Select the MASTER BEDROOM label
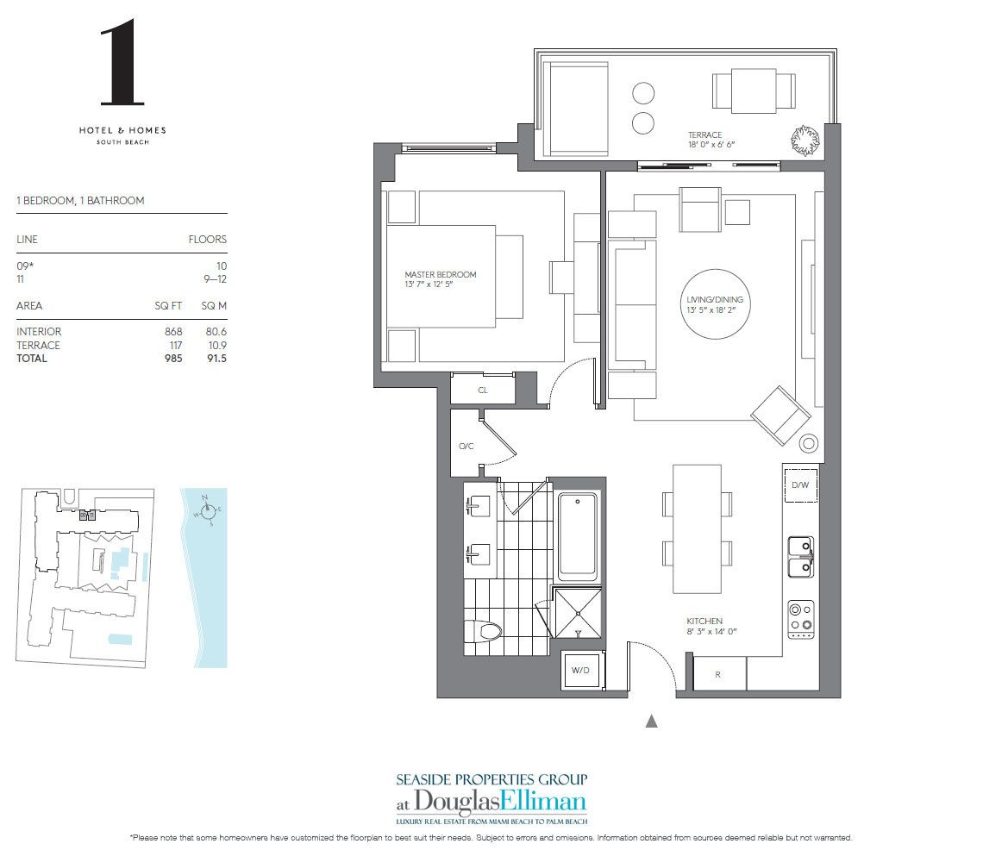coord(440,279)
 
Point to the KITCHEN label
coord(704,626)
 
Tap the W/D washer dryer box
coord(577,669)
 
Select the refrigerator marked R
coord(718,675)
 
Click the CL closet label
coord(483,390)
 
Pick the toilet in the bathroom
coord(484,632)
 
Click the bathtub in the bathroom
coord(578,535)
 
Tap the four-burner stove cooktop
coord(801,619)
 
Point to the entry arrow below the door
coord(652,721)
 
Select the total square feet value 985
coord(173,358)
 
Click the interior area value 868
coord(173,331)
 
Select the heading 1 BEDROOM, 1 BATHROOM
coord(80,200)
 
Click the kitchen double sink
coord(801,556)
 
